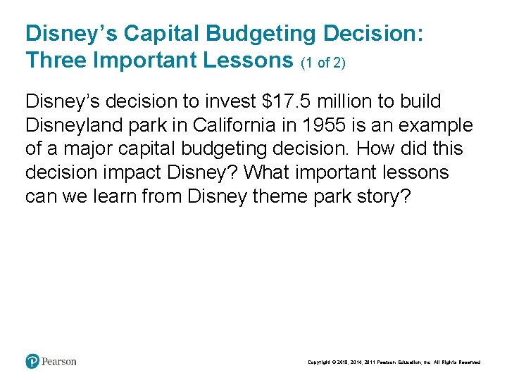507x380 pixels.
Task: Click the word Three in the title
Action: pyautogui.click(x=56, y=61)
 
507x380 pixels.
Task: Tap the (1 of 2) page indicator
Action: pyautogui.click(x=323, y=63)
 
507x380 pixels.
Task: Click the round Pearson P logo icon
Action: pyautogui.click(x=32, y=361)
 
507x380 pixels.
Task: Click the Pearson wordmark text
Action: pyautogui.click(x=59, y=362)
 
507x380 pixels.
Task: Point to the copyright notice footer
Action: pyautogui.click(x=394, y=362)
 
